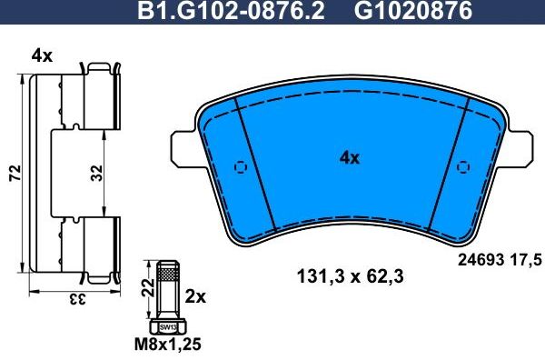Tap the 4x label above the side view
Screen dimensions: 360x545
pos(42,55)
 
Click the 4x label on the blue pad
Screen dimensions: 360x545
pos(350,157)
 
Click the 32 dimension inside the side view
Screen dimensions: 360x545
pos(96,171)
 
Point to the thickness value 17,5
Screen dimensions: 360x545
pos(529,259)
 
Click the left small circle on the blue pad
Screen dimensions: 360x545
pos(241,166)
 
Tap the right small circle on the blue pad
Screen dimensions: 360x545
pos(463,166)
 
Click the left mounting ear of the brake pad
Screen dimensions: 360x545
pos(184,145)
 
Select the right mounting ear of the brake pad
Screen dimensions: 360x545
pos(518,145)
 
